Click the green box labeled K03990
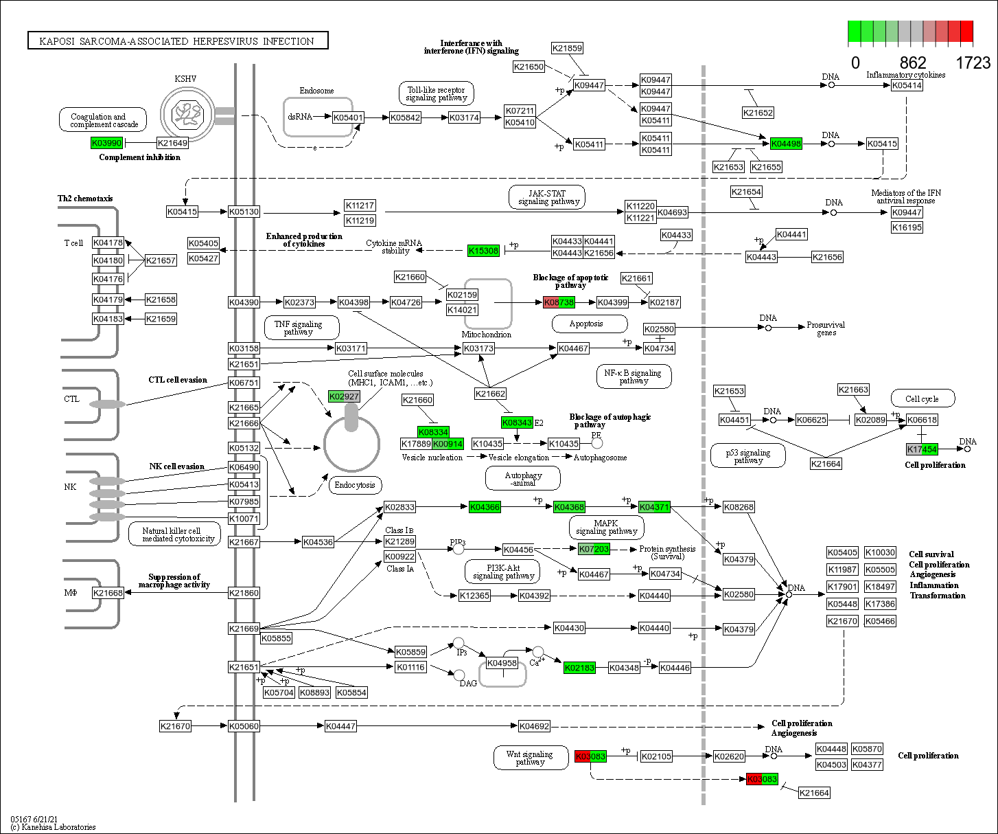(106, 143)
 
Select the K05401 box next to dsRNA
(348, 117)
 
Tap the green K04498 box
(786, 144)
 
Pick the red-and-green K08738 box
(559, 302)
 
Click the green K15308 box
(483, 251)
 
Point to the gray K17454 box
(922, 449)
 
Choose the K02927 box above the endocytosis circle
(344, 396)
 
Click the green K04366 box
(485, 507)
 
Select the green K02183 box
(579, 668)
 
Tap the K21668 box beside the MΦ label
(108, 593)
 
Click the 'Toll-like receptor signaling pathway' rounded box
(436, 94)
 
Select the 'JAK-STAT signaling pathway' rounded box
(547, 197)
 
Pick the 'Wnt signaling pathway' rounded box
(530, 758)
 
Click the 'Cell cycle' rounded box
(921, 398)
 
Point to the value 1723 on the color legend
(973, 63)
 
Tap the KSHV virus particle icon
(185, 113)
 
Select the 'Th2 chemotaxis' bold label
(85, 199)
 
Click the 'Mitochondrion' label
(486, 335)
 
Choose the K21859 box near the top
(567, 48)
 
